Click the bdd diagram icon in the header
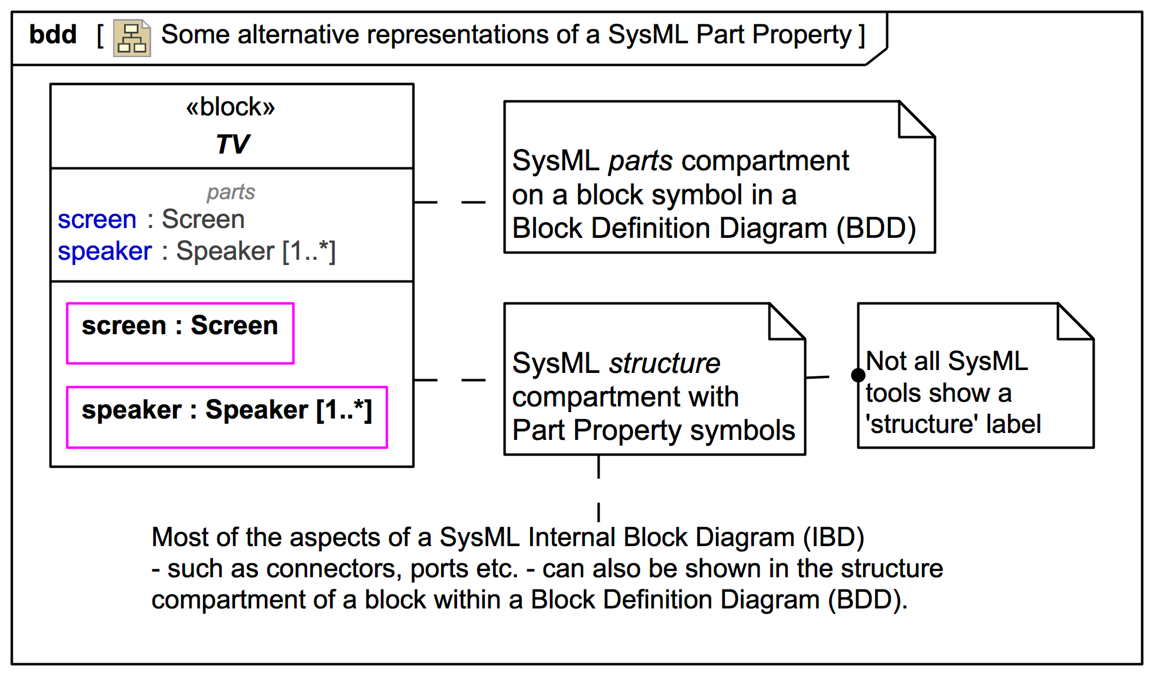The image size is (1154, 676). point(132,38)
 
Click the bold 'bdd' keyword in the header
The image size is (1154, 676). point(53,35)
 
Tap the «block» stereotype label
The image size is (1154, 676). point(231,107)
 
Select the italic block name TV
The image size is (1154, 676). point(233,144)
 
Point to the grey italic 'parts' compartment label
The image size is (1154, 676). point(231,192)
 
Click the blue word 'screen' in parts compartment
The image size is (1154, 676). point(97,220)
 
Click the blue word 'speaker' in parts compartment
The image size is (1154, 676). point(104,251)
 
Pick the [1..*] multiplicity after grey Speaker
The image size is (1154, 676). point(309,251)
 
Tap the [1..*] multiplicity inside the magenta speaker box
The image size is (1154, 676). point(344,410)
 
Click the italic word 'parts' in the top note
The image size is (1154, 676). point(640,161)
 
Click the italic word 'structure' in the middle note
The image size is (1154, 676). point(665,364)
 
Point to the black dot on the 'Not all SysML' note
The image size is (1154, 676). point(858,376)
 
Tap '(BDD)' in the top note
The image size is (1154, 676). point(876,229)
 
